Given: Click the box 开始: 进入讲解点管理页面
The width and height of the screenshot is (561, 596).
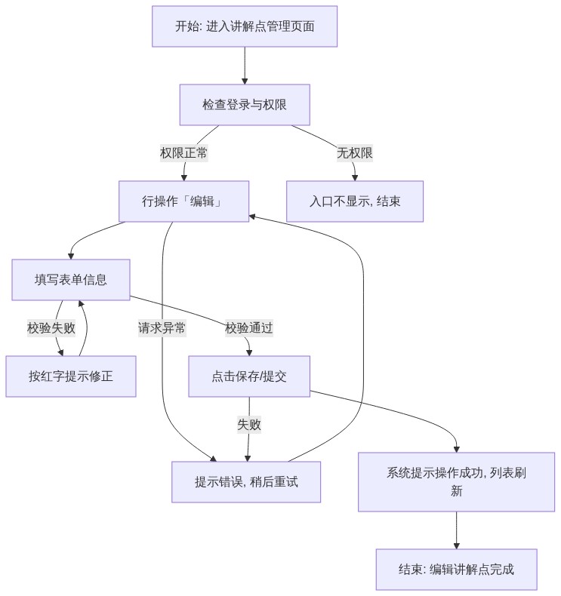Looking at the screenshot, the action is (x=245, y=26).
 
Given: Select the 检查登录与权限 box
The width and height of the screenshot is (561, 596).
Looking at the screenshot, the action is (x=245, y=105).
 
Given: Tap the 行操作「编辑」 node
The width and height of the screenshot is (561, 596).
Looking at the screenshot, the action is (x=183, y=201).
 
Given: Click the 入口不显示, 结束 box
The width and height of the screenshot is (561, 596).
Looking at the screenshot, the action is (x=354, y=201).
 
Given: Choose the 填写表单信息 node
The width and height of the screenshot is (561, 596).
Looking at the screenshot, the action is (x=71, y=280).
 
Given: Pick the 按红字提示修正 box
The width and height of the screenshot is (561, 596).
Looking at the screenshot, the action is (x=71, y=376).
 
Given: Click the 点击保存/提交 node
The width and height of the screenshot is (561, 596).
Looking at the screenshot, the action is (x=249, y=376).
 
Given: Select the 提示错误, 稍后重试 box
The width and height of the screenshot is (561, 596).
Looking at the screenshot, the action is (x=246, y=482).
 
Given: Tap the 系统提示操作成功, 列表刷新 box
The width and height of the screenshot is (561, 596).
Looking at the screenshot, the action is (x=456, y=482).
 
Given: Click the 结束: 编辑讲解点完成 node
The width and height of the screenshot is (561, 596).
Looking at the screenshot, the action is (x=456, y=570).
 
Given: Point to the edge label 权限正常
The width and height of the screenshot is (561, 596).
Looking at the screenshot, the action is (x=183, y=153).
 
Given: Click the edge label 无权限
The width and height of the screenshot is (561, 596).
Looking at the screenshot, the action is (x=354, y=153).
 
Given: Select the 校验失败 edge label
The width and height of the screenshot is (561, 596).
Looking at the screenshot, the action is (x=51, y=328).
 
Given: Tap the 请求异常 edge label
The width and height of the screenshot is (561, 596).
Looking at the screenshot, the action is (x=162, y=328).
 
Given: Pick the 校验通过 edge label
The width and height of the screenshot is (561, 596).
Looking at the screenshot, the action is (x=249, y=328).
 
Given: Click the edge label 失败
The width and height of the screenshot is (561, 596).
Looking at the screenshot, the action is (x=249, y=425).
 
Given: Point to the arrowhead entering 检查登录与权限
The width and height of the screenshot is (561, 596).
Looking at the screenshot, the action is (x=245, y=81).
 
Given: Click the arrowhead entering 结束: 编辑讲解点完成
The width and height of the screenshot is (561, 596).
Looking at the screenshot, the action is (x=456, y=546).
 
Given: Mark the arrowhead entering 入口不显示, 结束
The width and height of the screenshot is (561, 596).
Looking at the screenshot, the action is (x=355, y=178).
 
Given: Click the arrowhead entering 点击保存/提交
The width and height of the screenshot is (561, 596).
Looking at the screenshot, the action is (x=249, y=353).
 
